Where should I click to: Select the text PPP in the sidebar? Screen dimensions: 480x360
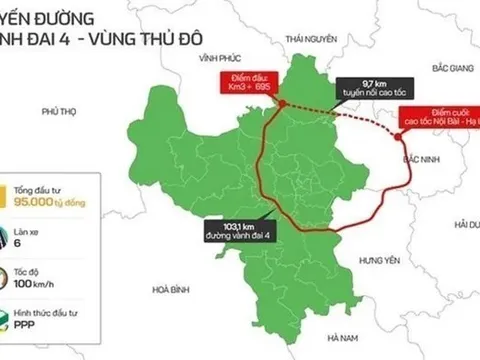click(54, 324)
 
